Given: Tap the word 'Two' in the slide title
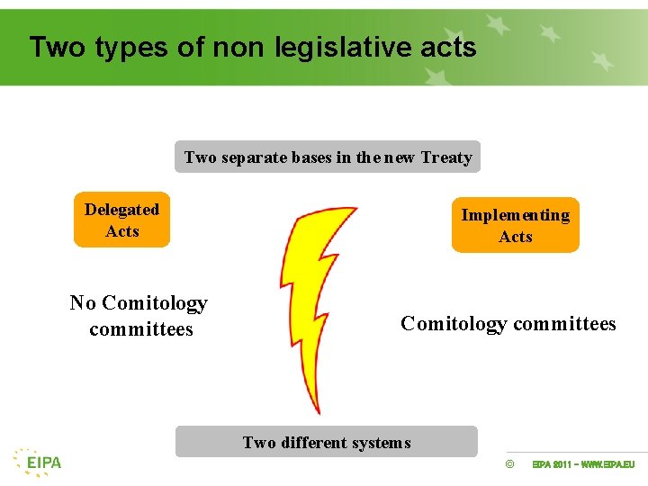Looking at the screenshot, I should click(56, 47).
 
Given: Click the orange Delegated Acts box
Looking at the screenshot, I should click(121, 220).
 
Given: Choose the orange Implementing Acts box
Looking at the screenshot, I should click(515, 225).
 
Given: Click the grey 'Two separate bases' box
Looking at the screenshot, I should click(327, 157).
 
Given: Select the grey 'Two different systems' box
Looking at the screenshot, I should click(326, 442).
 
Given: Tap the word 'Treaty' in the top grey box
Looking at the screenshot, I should click(446, 157).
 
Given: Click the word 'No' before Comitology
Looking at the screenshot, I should click(83, 303).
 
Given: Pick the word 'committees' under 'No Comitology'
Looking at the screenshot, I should click(141, 329).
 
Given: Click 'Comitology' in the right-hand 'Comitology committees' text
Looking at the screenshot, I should click(454, 324).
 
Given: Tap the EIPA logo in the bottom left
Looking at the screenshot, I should click(38, 462).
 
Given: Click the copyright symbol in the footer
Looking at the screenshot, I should click(509, 464).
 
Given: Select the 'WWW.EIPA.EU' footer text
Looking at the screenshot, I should click(607, 464).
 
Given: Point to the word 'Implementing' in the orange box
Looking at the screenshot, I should click(515, 215).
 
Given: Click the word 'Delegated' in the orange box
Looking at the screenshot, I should click(121, 210).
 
